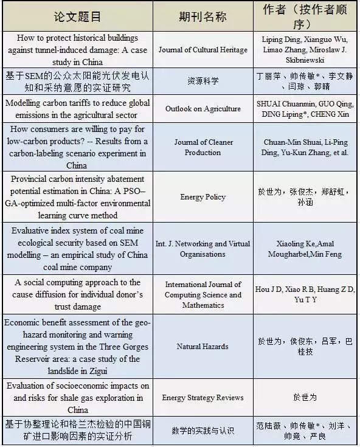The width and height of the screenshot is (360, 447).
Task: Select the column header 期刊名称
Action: click(202, 16)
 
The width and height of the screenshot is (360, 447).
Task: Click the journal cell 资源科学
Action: click(202, 81)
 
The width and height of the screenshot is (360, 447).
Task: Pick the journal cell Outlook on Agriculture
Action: click(202, 109)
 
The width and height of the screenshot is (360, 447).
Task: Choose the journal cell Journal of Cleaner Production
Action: click(203, 147)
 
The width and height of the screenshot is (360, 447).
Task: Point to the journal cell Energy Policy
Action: click(202, 197)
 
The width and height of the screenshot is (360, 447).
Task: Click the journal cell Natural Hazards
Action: click(202, 347)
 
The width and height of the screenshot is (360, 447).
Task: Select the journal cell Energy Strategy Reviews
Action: click(202, 398)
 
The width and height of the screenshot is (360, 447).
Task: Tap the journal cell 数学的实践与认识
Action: click(202, 431)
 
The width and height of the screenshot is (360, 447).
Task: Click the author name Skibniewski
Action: click(306, 61)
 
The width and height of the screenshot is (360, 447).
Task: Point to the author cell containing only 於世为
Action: click(305, 398)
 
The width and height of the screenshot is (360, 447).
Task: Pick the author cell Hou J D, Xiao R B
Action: click(306, 295)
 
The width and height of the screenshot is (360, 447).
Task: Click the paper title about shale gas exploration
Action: click(77, 398)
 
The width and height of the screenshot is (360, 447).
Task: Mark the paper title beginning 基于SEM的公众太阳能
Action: click(77, 81)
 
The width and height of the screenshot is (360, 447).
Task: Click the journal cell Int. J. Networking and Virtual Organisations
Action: click(202, 249)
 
